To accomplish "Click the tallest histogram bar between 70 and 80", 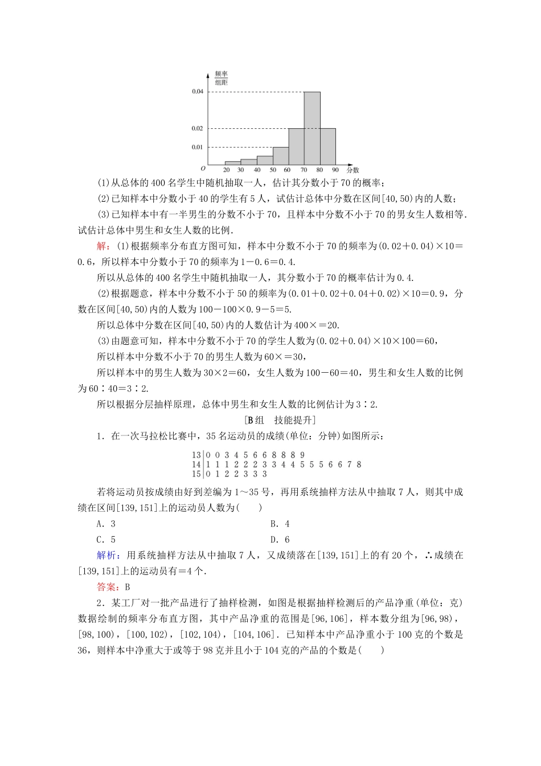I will [x=312, y=128].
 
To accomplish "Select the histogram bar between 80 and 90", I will [x=327, y=146].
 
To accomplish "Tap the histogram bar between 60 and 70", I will [x=296, y=146].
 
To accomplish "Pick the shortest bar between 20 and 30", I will [x=232, y=163].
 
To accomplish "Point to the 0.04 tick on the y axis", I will [x=197, y=92].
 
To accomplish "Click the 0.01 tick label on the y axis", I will [x=197, y=147].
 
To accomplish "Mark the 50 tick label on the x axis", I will [x=273, y=170].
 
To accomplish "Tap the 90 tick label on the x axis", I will [x=335, y=170].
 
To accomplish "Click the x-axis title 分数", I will [x=353, y=170].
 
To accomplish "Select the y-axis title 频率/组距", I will [x=221, y=78].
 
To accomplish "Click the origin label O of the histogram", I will [x=203, y=169].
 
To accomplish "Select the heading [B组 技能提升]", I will [x=280, y=420].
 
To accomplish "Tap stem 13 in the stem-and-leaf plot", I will [x=196, y=455].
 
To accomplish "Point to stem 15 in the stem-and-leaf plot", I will [x=196, y=474].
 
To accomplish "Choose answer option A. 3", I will [x=106, y=524].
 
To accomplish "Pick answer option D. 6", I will [x=280, y=539].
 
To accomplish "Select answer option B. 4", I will [x=280, y=524].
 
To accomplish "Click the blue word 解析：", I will [x=109, y=555].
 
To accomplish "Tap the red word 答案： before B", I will [x=109, y=587].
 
